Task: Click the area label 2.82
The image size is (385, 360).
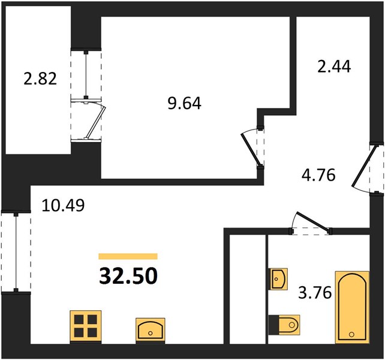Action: click(x=40, y=79)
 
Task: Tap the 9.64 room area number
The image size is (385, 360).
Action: click(x=185, y=103)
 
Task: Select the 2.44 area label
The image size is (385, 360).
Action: click(x=334, y=67)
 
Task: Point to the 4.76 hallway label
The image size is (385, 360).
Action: click(x=318, y=175)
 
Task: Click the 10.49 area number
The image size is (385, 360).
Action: click(x=64, y=205)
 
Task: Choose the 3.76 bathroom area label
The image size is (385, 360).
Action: click(x=315, y=293)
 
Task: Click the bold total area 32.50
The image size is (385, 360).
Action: click(x=128, y=276)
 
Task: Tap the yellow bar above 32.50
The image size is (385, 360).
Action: click(x=128, y=256)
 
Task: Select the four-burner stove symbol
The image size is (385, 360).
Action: click(x=86, y=326)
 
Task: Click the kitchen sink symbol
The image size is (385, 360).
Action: click(x=151, y=329)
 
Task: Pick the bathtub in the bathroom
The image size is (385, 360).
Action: click(x=353, y=307)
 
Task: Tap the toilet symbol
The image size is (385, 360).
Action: click(x=285, y=325)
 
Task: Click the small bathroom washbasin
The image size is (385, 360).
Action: click(x=279, y=279)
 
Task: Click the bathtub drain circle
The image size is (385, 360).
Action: click(x=351, y=334)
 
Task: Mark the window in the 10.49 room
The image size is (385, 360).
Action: click(x=16, y=252)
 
